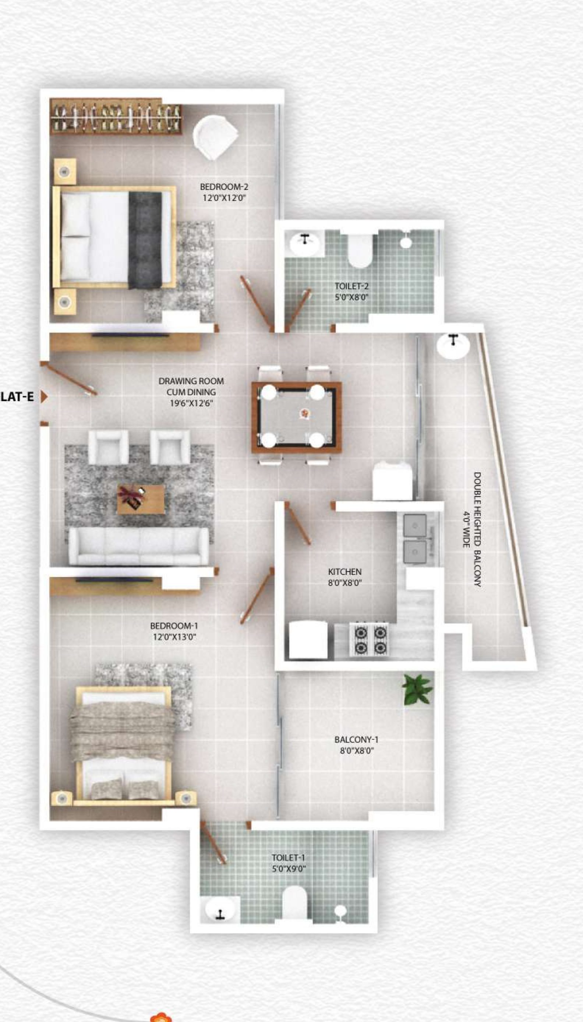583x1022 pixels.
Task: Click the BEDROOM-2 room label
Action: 224,187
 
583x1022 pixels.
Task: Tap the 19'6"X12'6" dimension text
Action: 191,403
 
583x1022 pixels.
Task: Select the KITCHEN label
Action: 344,571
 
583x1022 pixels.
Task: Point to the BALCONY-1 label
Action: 356,740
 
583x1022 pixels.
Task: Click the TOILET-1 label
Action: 288,857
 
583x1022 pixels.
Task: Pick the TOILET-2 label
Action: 351,286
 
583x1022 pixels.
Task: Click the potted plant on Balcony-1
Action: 417,689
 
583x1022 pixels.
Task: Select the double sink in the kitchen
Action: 414,538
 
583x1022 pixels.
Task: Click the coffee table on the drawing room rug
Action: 141,499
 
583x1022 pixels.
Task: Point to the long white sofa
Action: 138,546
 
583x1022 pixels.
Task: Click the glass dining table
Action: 296,417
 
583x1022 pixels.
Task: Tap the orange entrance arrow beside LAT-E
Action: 44,397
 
